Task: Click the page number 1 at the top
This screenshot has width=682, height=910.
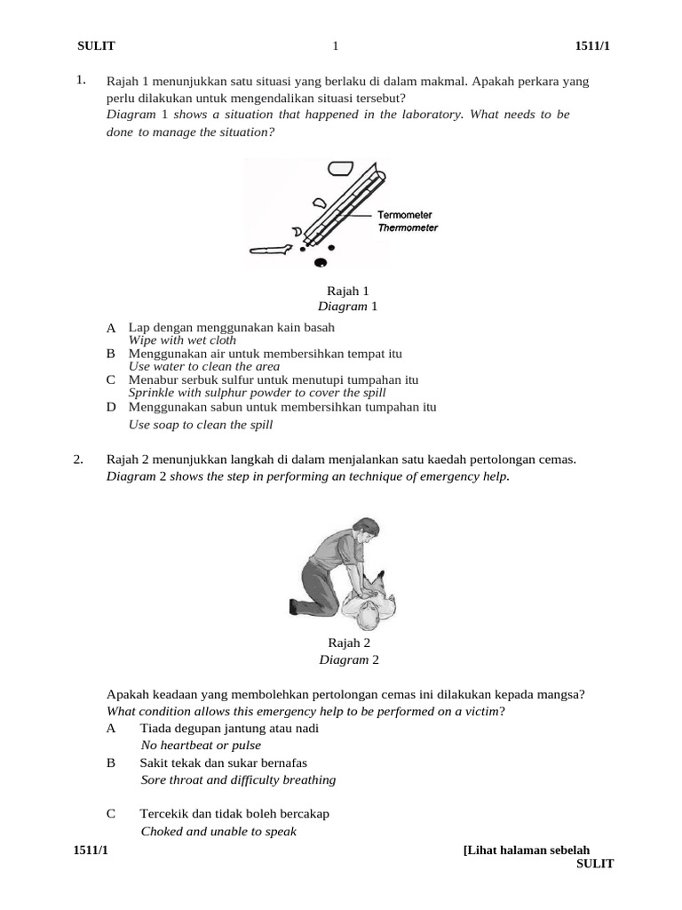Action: (335, 46)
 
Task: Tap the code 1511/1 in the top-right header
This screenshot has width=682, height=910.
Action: (592, 46)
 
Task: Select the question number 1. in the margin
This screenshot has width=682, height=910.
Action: (81, 81)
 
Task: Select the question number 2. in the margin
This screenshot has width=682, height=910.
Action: (79, 459)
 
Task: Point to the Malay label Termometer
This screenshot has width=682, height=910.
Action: (405, 215)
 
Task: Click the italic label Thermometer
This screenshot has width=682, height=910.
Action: (408, 227)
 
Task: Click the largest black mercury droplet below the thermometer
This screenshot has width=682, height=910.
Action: (321, 262)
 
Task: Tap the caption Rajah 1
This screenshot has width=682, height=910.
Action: (348, 291)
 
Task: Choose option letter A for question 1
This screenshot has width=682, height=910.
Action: (111, 329)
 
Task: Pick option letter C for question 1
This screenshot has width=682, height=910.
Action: (111, 380)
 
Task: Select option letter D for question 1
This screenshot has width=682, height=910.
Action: (111, 407)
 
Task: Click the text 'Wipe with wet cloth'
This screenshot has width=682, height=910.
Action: (182, 340)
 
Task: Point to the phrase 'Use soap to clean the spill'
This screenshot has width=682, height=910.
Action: (201, 425)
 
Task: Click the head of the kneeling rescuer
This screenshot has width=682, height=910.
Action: (363, 529)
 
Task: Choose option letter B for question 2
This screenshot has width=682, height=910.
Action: (111, 762)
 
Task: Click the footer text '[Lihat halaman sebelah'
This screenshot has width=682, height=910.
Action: (527, 850)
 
